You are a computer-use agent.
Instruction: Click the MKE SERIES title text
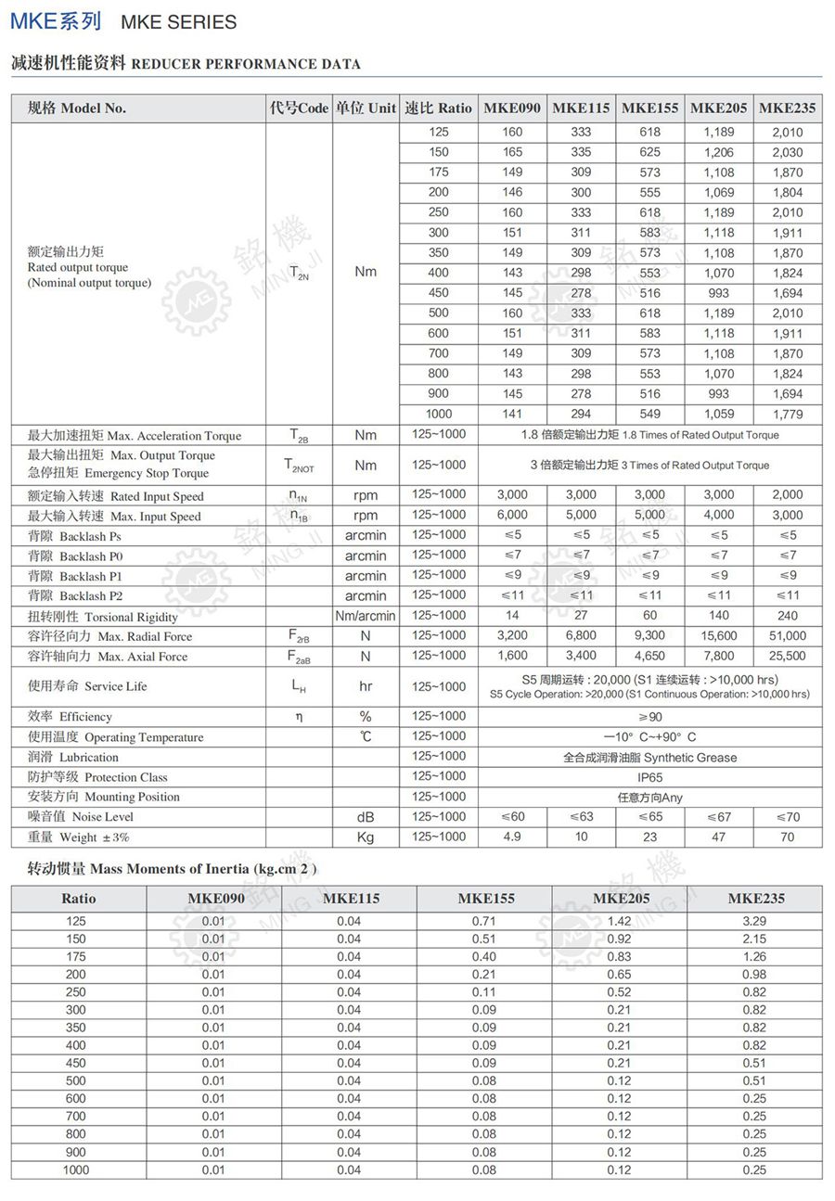179,22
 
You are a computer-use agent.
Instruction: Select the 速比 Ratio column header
439,108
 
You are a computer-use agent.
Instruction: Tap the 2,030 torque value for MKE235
788,152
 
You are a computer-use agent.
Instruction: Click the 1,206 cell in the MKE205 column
719,152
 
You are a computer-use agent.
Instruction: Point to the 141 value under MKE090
512,414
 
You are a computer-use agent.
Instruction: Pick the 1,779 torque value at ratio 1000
788,414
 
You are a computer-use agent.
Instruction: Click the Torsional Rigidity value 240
788,615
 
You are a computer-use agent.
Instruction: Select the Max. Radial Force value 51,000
788,635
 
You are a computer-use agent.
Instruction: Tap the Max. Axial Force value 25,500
788,656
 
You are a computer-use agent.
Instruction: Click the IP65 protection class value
649,777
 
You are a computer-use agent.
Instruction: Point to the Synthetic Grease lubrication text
649,757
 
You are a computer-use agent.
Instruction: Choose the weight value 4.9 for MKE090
512,837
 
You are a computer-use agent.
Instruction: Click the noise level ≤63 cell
581,817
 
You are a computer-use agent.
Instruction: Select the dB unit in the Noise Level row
366,817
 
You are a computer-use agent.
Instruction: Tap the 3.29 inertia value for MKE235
754,921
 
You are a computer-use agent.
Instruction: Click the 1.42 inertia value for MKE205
619,921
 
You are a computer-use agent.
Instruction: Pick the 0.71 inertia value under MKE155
483,921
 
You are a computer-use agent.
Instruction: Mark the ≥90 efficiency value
649,717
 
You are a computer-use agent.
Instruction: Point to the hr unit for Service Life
366,687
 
